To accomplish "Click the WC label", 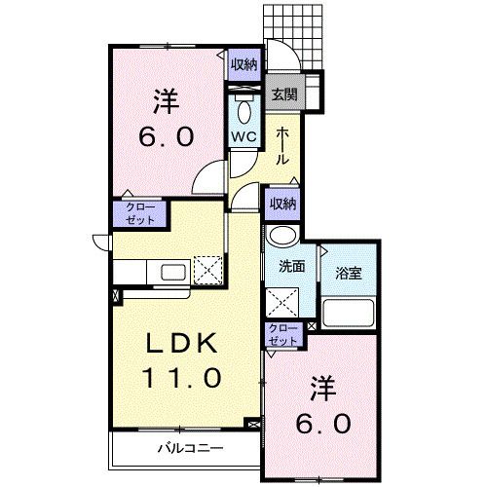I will point(242,136).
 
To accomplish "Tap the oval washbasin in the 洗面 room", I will point(281,237).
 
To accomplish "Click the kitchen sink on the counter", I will point(167,271).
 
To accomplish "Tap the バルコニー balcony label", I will point(191,449).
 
